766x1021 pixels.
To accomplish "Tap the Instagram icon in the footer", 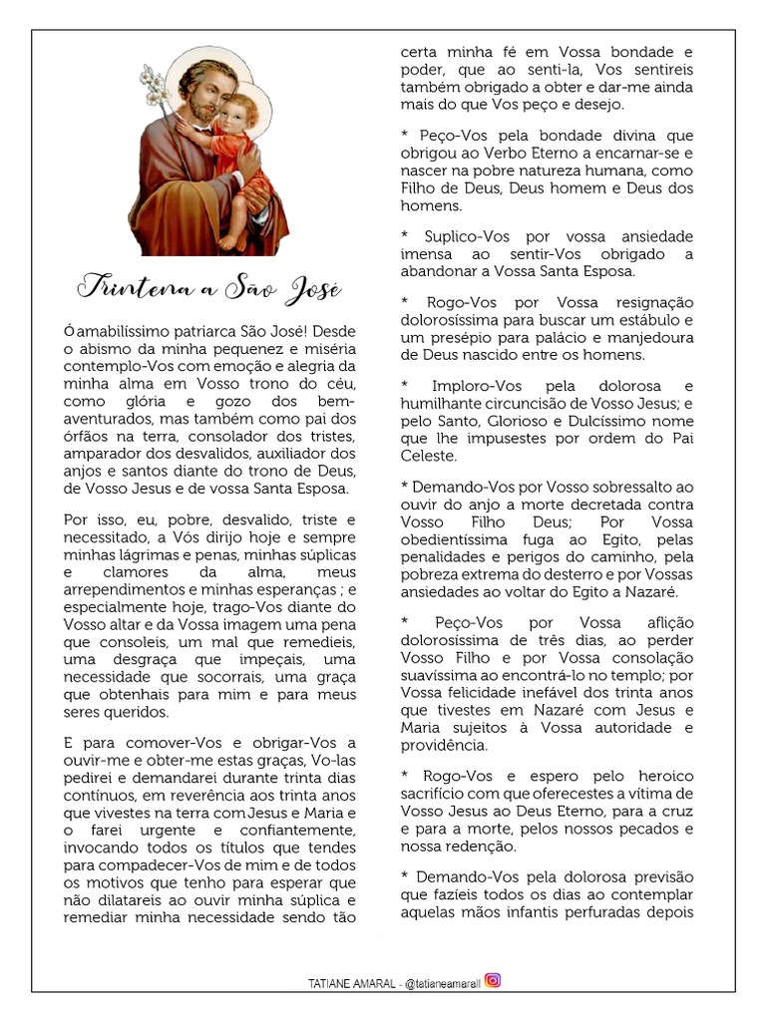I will [492, 979].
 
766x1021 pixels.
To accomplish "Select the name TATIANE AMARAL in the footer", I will [351, 982].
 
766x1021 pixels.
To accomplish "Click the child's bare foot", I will [227, 240].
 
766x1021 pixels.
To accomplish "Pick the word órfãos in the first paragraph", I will [86, 437].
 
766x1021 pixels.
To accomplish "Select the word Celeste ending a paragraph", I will [428, 456].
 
